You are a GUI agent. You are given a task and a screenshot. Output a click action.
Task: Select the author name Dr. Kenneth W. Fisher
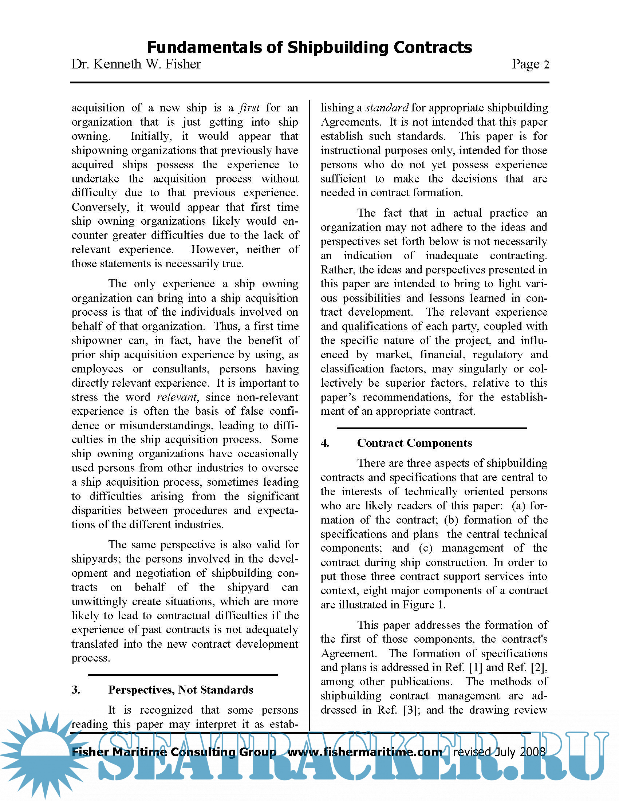pos(136,64)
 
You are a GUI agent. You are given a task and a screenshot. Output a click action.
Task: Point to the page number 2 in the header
pos(546,65)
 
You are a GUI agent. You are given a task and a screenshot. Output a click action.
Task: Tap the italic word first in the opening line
pos(249,108)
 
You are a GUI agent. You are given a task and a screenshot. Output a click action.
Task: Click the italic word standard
pos(386,108)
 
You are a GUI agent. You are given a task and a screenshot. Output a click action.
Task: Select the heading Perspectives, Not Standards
pos(180,690)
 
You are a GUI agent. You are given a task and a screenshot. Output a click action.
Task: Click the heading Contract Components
pos(414,443)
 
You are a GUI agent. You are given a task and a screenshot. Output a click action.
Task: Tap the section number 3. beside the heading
pos(76,690)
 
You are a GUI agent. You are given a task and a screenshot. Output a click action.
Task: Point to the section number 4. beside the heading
pos(325,443)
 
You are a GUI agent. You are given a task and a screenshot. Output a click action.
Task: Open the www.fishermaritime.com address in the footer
pos(364,752)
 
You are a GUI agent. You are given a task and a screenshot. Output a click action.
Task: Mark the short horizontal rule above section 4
pos(431,428)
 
